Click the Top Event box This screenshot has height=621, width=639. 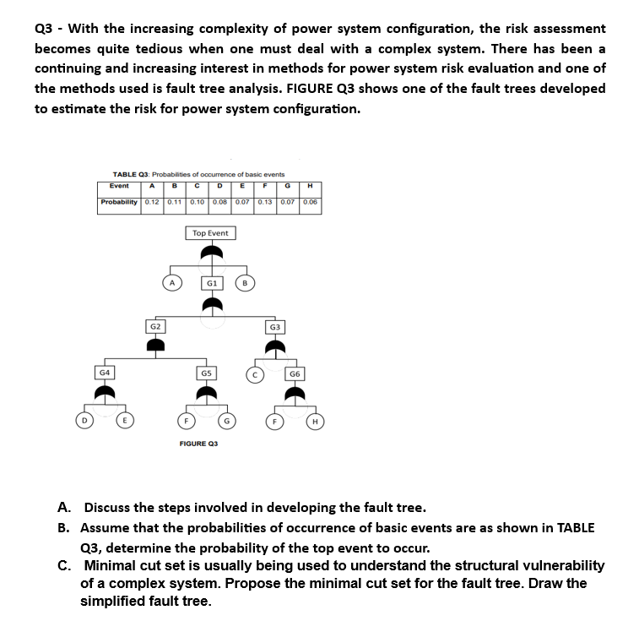click(210, 233)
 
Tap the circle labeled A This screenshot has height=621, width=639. click(171, 284)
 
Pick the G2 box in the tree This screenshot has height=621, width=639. click(155, 326)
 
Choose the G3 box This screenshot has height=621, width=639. click(274, 326)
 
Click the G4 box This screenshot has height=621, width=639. click(105, 372)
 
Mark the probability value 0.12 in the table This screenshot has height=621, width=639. click(152, 202)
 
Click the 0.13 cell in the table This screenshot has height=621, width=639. click(266, 202)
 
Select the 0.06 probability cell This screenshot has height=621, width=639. click(311, 202)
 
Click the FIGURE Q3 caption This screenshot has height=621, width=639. click(198, 444)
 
